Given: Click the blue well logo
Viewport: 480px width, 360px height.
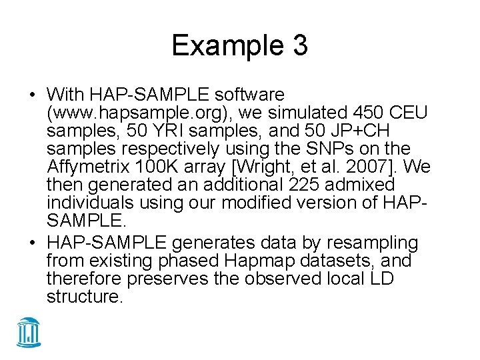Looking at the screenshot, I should coord(29,332).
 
